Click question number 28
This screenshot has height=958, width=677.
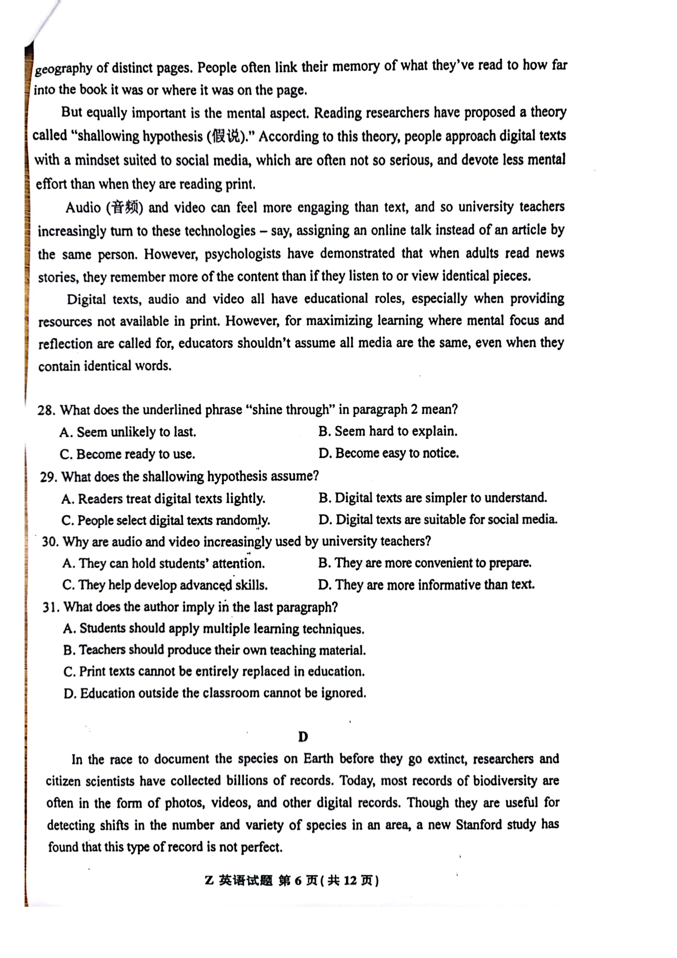coord(46,410)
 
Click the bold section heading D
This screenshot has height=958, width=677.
coord(303,737)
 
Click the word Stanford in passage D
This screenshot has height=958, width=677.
coord(478,825)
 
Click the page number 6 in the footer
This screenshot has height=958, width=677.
coord(297,881)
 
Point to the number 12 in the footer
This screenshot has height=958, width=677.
coord(350,881)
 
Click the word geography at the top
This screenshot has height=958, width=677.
coord(63,68)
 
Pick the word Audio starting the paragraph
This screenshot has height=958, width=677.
coord(83,208)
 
